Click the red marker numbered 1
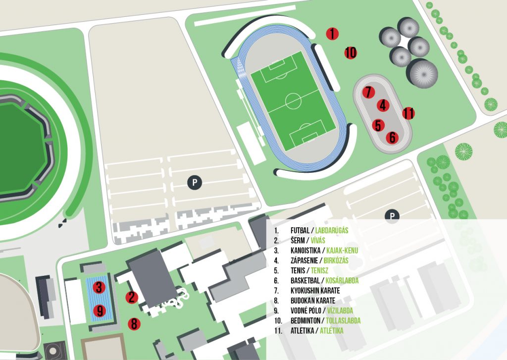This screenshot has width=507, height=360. point(332,33)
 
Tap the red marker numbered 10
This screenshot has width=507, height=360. point(351,52)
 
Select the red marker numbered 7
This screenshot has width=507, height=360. point(368,92)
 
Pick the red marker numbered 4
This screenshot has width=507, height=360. point(383,105)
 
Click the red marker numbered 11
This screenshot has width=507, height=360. point(408,113)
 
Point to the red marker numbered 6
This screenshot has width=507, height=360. point(392,137)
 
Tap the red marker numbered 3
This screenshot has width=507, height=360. point(99,287)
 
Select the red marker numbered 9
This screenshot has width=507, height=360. point(100,311)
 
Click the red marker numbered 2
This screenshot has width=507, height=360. point(132,297)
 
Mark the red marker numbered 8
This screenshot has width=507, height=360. point(134,324)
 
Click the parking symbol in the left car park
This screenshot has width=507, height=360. point(195,182)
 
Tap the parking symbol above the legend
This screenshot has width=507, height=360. point(392,215)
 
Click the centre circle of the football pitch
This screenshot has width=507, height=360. point(293,101)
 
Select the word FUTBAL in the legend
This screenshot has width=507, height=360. point(300,230)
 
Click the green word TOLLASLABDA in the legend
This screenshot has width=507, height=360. point(343,320)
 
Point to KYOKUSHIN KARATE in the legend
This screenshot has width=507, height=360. point(315,291)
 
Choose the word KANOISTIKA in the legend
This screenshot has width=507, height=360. point(305,251)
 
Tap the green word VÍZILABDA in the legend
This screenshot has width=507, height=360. point(340,310)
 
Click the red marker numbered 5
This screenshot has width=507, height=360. point(378,125)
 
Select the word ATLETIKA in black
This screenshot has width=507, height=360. point(303,331)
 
